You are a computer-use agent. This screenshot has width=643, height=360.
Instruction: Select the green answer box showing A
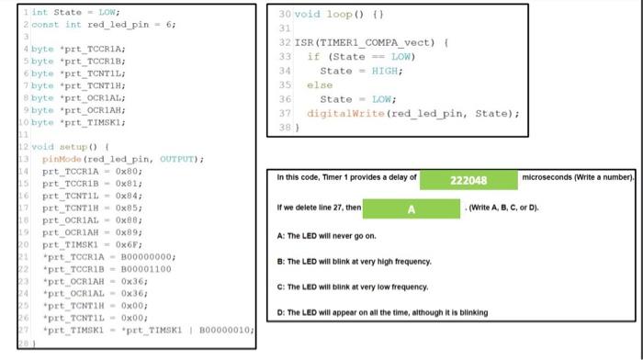click(412, 209)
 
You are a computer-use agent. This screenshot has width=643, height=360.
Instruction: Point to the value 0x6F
click(128, 243)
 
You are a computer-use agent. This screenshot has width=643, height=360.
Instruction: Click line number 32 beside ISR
click(285, 42)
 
